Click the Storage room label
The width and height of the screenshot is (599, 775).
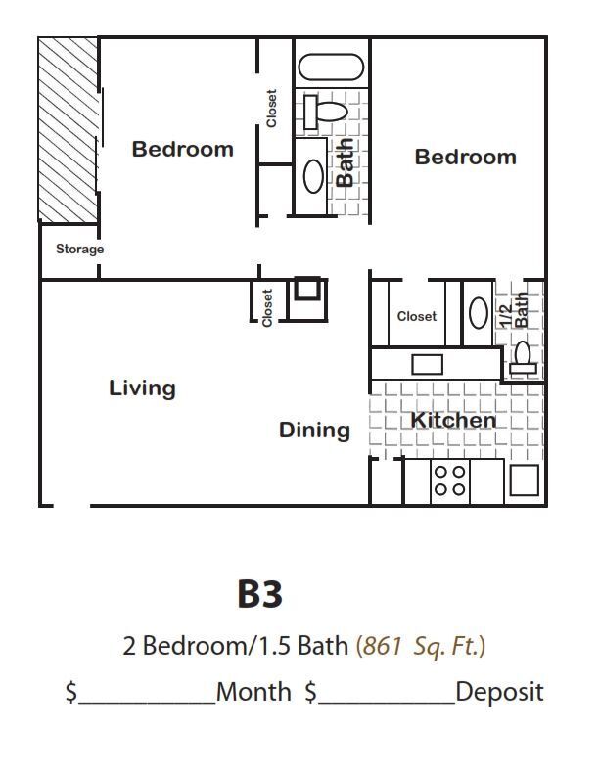[x=79, y=250]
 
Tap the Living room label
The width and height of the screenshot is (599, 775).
[x=142, y=388]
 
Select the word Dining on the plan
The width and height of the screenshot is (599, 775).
[x=314, y=431]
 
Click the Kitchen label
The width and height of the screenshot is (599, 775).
[x=452, y=421]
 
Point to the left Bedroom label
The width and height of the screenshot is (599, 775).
[x=183, y=150]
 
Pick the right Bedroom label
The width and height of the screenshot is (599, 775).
[x=465, y=158]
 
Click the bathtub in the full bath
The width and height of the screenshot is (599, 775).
[x=331, y=68]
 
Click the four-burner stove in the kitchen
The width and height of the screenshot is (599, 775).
[x=450, y=479]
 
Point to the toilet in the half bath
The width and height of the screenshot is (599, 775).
[x=523, y=358]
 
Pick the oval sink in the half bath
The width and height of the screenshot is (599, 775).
[x=479, y=313]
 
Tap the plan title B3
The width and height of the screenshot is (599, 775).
[x=259, y=594]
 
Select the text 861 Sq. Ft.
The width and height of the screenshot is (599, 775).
[x=422, y=646]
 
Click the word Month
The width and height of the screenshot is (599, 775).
[x=253, y=692]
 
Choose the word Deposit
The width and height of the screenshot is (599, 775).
[x=499, y=692]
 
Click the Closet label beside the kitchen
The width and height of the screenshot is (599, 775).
[x=417, y=317]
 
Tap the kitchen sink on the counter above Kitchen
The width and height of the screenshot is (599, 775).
[x=427, y=364]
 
